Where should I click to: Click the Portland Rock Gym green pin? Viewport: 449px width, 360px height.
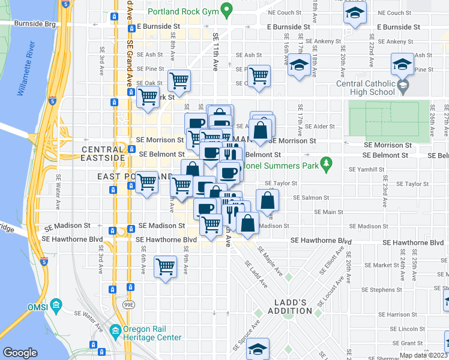pos(226,10)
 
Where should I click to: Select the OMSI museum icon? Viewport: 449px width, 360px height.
pos(56,305)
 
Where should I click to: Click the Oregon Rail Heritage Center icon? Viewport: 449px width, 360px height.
pos(114,330)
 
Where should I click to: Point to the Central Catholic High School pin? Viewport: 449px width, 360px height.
pos(403,86)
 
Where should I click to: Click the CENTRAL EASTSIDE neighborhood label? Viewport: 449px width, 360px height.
pos(103,149)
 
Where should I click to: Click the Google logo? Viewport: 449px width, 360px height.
pos(20,352)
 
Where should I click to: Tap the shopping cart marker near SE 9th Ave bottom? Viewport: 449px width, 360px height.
pos(164,266)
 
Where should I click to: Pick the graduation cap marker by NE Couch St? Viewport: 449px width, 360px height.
pos(355,13)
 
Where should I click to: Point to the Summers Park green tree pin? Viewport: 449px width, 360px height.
pos(326,163)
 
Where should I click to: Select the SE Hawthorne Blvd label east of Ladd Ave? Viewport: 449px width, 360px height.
pos(321,241)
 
